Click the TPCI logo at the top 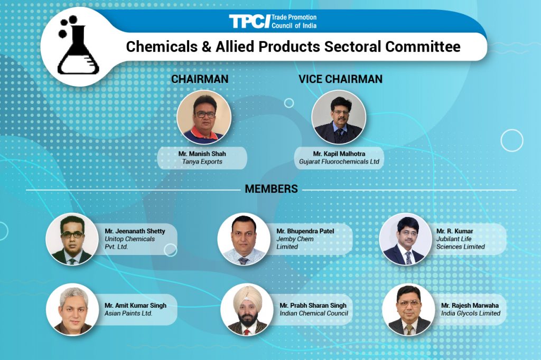273,21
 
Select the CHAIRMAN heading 200,79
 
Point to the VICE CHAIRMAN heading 341,79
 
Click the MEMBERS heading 271,189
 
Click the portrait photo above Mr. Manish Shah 204,117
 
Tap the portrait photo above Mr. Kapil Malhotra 339,117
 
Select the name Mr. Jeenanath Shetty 135,231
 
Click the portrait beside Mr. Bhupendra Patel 244,239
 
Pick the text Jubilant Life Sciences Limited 460,243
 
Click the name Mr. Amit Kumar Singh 135,306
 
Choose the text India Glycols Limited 471,314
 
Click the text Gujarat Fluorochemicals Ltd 339,162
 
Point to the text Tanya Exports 202,162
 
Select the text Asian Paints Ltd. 128,314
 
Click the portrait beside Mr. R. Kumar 406,239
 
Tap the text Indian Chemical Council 314,314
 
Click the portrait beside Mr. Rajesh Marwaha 408,310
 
